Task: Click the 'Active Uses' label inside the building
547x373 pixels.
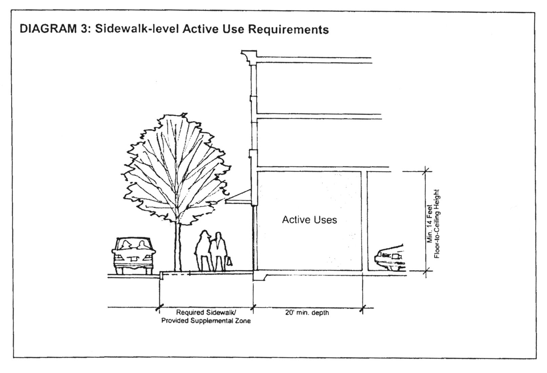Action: tap(309, 220)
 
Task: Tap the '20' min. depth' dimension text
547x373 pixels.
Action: tap(307, 312)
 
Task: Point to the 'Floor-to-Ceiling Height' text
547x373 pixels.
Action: tap(437, 223)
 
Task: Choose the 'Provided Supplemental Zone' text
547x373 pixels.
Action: tap(206, 321)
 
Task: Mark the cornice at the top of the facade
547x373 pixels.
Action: tap(249, 57)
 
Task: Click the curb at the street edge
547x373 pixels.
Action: tap(161, 275)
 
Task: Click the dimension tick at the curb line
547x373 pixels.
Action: tap(158, 308)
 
